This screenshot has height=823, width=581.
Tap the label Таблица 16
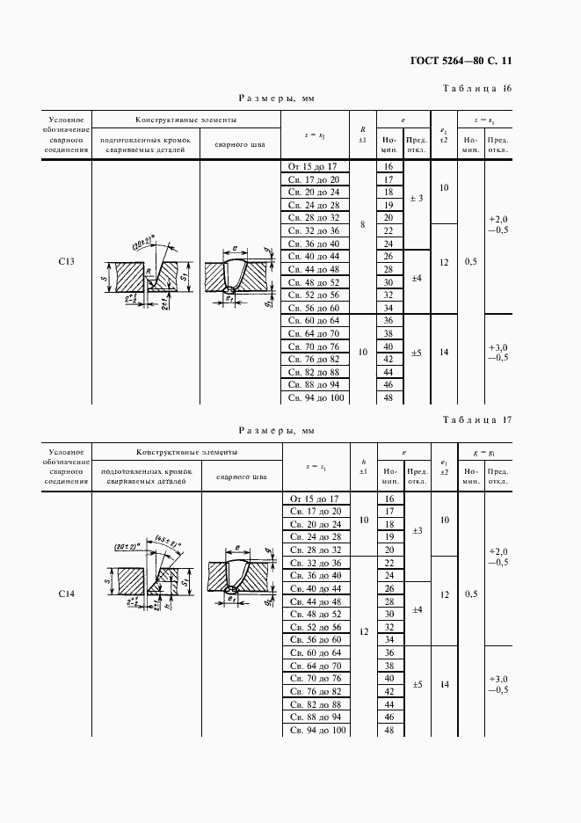(473, 89)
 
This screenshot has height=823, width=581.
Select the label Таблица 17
(473, 419)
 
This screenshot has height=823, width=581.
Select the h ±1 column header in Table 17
(362, 465)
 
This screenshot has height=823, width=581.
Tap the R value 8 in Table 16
(362, 225)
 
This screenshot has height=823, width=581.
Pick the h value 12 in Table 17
(362, 630)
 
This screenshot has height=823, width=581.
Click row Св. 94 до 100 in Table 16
(315, 397)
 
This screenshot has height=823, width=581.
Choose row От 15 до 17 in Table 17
(315, 499)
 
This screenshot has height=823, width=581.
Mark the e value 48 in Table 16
(388, 397)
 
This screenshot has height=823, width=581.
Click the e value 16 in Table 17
(388, 499)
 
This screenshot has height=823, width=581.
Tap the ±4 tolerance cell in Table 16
(417, 278)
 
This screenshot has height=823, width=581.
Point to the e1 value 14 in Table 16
(444, 352)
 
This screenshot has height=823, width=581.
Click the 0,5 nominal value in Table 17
(471, 594)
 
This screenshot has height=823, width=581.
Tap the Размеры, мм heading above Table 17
(276, 432)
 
